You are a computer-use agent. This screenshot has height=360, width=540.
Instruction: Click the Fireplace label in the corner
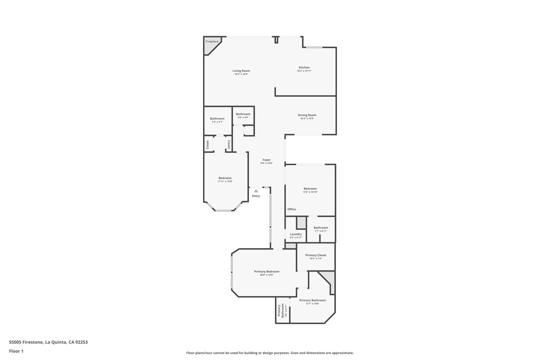[212, 41]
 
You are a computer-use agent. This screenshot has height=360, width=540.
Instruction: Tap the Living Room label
[241, 71]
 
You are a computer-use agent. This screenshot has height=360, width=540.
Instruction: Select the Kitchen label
[304, 67]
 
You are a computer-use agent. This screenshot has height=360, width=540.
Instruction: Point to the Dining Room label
[307, 115]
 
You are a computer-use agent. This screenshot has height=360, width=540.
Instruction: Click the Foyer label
[266, 160]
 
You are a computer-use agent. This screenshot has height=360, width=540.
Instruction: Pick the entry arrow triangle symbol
[256, 191]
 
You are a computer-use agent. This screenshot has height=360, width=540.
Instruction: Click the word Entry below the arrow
[256, 196]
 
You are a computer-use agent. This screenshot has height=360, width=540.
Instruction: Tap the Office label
[292, 209]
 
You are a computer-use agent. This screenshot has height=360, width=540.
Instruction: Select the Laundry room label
[296, 234]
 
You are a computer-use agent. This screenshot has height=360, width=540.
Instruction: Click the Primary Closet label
[315, 255]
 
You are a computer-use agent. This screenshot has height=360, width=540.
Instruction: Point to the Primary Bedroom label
[266, 271]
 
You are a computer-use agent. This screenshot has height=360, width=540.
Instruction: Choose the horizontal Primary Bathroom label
[312, 300]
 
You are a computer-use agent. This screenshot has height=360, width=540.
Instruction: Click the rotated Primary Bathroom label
[282, 311]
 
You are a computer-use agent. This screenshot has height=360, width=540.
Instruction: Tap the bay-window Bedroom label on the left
[225, 178]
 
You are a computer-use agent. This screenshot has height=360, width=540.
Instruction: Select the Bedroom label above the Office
[310, 189]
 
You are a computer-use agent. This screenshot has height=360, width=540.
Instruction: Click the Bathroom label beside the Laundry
[321, 228]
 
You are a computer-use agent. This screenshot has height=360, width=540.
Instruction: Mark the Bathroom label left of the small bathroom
[217, 119]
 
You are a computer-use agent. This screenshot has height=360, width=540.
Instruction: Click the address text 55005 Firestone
[49, 342]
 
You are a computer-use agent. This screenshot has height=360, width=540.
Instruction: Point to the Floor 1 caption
[16, 351]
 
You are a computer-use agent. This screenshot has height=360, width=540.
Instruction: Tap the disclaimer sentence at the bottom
[269, 353]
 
